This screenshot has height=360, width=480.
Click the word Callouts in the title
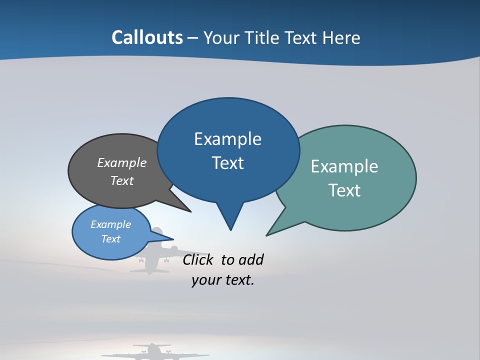coord(147,37)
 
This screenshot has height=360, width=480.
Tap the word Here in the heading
coord(340,37)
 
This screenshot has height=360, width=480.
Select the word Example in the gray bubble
coord(122,162)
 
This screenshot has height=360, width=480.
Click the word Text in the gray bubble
coord(122,180)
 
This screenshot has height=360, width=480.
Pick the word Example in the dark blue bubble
coord(227,138)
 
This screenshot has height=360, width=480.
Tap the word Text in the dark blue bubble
coord(227,162)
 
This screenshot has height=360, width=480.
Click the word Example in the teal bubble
coord(344,166)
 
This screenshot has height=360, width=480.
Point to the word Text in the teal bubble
coord(344,190)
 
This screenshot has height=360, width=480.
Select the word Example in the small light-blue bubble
coord(111,224)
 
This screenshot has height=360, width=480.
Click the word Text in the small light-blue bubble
coord(111,239)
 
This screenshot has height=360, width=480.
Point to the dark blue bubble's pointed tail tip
coord(230,229)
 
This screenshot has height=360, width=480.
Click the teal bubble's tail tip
coord(267,234)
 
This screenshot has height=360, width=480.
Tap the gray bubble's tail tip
coord(190,211)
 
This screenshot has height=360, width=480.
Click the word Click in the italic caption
coord(198,259)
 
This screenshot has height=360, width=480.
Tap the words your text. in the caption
coord(223,280)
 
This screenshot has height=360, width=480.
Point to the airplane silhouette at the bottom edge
coord(152,352)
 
